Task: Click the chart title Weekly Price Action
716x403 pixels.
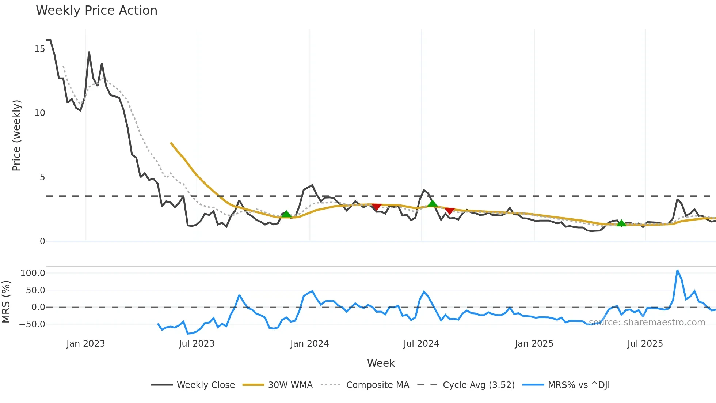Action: pos(96,11)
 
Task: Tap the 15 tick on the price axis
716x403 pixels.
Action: pos(40,49)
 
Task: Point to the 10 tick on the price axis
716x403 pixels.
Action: pos(40,113)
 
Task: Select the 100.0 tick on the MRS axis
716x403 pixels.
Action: pos(33,273)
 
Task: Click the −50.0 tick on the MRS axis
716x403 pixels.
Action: pos(32,324)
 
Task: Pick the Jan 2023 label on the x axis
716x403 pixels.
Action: pos(85,344)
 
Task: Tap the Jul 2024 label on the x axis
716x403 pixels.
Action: pos(421,344)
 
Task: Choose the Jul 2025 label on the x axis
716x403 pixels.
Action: pos(645,344)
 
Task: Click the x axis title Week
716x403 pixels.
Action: pos(381,363)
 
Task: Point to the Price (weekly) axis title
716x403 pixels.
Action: pos(17,135)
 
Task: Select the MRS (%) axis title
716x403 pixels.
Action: pos(6,302)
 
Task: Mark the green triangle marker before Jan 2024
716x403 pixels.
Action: pos(286,214)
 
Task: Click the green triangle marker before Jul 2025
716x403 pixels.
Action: pos(621,223)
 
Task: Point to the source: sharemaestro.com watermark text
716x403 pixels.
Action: pos(647,323)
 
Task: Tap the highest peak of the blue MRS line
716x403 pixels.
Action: pos(677,271)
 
